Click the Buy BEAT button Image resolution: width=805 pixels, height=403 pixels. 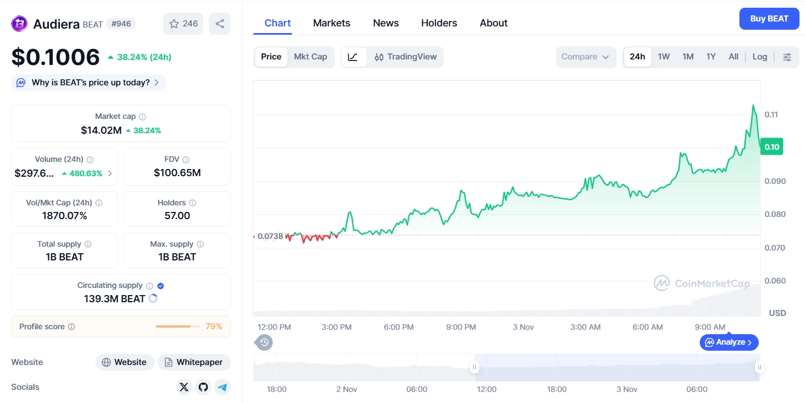pyautogui.click(x=769, y=19)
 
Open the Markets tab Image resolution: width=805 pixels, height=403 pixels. pyautogui.click(x=331, y=23)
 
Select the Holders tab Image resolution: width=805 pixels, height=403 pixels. pyautogui.click(x=439, y=23)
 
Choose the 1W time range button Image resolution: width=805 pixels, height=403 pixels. pyautogui.click(x=663, y=57)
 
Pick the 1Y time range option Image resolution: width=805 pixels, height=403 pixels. pyautogui.click(x=711, y=57)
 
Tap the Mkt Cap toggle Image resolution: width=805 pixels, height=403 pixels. pyautogui.click(x=310, y=57)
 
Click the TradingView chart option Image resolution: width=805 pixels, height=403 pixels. pyautogui.click(x=406, y=57)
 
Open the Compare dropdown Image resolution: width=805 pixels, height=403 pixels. pyautogui.click(x=585, y=57)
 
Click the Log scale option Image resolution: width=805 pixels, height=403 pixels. pyautogui.click(x=759, y=57)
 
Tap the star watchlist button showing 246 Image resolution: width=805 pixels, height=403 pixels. pyautogui.click(x=183, y=24)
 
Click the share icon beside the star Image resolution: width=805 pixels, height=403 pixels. pyautogui.click(x=220, y=24)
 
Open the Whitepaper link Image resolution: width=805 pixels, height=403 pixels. pyautogui.click(x=194, y=362)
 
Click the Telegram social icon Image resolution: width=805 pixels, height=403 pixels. pyautogui.click(x=222, y=387)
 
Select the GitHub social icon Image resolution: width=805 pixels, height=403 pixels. pyautogui.click(x=203, y=387)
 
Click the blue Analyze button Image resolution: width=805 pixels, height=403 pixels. pyautogui.click(x=729, y=342)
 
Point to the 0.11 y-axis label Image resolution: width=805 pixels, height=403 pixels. pyautogui.click(x=771, y=115)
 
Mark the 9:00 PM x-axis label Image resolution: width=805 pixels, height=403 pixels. pyautogui.click(x=461, y=327)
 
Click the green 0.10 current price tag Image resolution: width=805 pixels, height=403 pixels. pyautogui.click(x=771, y=147)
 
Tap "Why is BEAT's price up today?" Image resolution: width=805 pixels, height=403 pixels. pyautogui.click(x=89, y=83)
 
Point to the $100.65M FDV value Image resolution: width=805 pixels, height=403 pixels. pyautogui.click(x=177, y=173)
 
